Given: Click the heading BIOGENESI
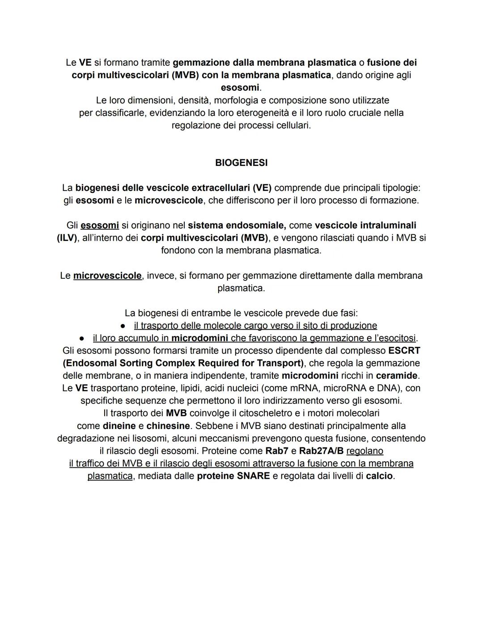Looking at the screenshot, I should (241, 163).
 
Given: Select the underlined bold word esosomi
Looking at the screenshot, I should (99, 225).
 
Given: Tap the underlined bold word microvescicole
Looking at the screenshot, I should (107, 276).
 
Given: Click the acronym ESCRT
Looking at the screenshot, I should (404, 350).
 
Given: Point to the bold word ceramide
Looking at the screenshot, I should (396, 375).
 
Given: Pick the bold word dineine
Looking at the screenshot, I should (119, 425).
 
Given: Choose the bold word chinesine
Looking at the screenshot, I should (168, 425).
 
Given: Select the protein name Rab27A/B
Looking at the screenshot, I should (321, 451).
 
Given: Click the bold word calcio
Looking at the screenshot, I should (379, 476).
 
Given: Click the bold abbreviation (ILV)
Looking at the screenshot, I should (67, 238).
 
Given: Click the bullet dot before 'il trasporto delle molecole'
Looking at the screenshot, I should (122, 326).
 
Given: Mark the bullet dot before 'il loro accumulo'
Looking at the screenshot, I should (82, 338).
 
